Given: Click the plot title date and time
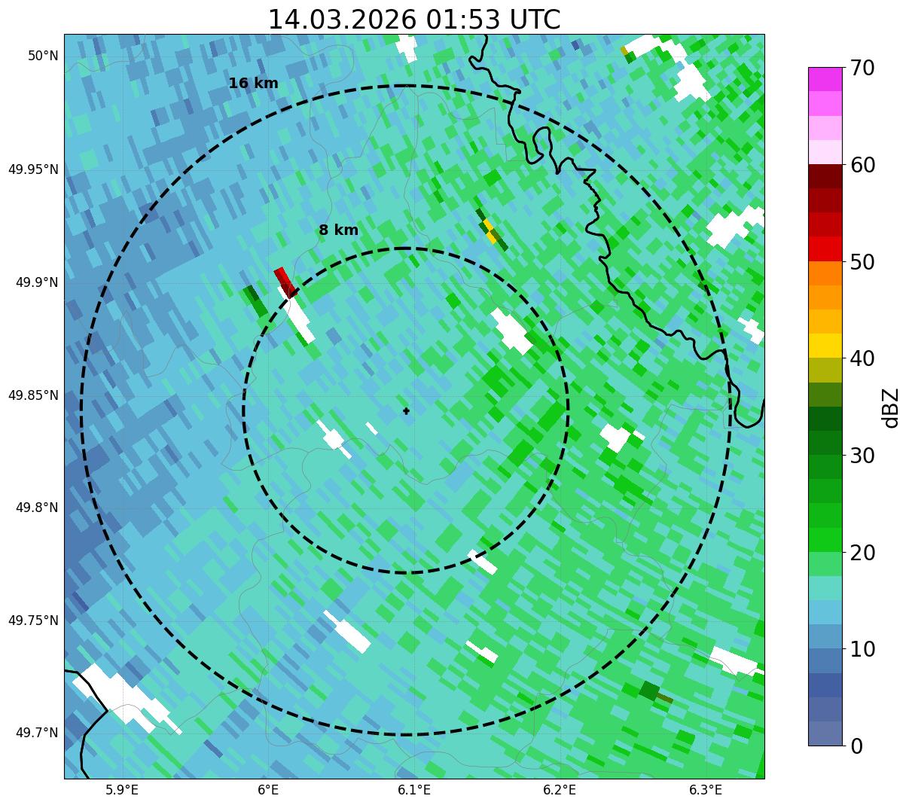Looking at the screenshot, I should tap(414, 20).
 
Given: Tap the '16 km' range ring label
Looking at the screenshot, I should tap(253, 84).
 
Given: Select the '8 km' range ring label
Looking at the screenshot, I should tap(338, 230).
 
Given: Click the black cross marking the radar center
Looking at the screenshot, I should tap(407, 411).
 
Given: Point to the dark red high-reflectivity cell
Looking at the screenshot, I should tap(284, 281).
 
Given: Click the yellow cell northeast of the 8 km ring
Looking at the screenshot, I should tap(490, 230).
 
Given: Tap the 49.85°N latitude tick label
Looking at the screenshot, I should tap(33, 395).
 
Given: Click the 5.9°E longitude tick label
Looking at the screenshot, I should tap(122, 790).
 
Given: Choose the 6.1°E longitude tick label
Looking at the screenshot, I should tap(414, 790).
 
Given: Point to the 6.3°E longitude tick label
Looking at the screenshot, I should tap(706, 790).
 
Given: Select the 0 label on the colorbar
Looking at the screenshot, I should tap(857, 746).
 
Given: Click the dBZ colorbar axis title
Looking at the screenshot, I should tap(892, 407).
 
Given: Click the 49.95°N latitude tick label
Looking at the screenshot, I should tap(33, 169).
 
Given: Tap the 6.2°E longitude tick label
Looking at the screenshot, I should tap(560, 790).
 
